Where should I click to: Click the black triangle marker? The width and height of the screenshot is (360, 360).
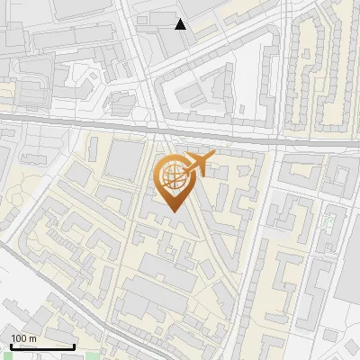[x=181, y=24]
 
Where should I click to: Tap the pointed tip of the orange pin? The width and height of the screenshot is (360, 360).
[x=172, y=211]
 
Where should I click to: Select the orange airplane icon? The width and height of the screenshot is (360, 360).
[x=197, y=163]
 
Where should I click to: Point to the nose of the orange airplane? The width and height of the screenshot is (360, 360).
[x=212, y=157]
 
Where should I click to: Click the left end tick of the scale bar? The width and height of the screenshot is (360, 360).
[x=11, y=346]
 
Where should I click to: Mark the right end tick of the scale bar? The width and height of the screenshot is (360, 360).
[x=74, y=346]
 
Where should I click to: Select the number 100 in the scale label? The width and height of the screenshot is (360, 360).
[x=19, y=338]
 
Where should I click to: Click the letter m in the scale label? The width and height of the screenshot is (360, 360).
[x=32, y=339]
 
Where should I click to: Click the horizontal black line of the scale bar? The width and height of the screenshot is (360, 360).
[x=42, y=347]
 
